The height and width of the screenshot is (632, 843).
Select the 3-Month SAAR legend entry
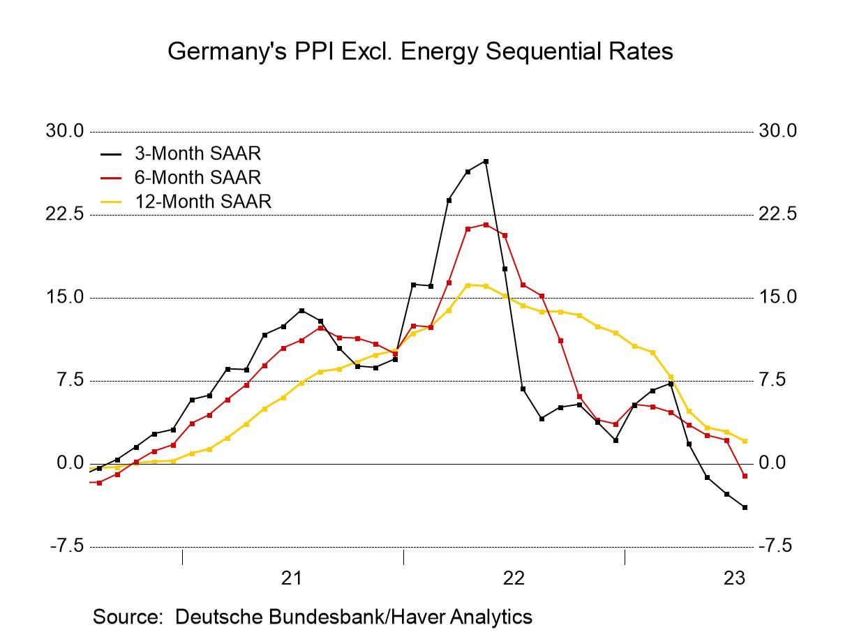[197, 153]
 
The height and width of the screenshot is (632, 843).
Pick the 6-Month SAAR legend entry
[197, 177]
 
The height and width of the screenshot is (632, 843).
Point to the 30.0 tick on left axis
[65, 131]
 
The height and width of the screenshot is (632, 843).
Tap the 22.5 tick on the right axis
[777, 214]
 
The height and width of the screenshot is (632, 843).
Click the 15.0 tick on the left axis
[65, 297]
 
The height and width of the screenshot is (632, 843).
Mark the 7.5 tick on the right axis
[773, 380]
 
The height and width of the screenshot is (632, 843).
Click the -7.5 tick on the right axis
[775, 546]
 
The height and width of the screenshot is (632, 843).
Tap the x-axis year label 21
[292, 578]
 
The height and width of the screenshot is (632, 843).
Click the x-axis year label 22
[514, 578]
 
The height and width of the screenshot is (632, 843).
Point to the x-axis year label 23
[735, 578]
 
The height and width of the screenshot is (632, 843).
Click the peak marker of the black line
[486, 161]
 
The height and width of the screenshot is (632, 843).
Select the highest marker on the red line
[486, 225]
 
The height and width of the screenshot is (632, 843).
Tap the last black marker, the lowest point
[745, 507]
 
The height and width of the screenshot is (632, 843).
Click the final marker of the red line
[745, 476]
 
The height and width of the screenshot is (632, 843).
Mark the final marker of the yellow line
[745, 441]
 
